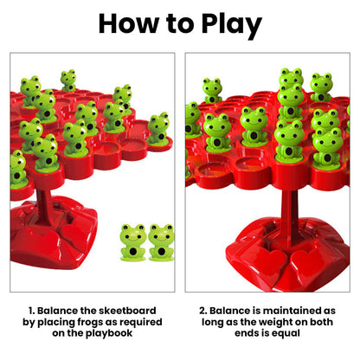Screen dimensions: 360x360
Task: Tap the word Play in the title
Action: (227, 23)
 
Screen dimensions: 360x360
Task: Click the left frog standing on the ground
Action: (132, 242)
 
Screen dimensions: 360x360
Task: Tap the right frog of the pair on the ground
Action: (162, 242)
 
